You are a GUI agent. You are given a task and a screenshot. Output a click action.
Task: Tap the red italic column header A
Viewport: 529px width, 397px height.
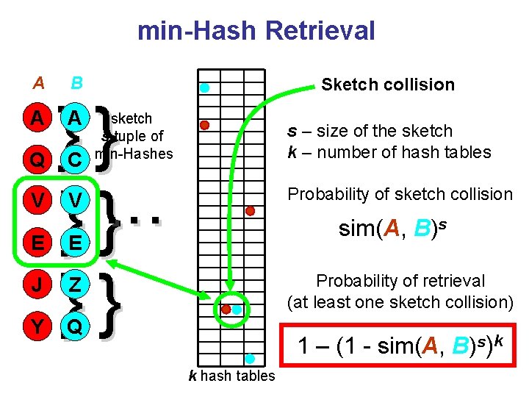point(38,83)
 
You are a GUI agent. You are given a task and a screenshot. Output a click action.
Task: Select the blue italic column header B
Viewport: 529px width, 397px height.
point(76,83)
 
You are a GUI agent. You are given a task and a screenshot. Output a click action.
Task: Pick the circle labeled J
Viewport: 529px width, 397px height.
point(35,284)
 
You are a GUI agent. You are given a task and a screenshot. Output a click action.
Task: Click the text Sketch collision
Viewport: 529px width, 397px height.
point(388,85)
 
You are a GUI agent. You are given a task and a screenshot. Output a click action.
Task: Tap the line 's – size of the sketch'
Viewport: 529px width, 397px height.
point(370,131)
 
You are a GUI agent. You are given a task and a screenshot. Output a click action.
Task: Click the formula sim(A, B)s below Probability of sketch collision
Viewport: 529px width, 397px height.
point(395,229)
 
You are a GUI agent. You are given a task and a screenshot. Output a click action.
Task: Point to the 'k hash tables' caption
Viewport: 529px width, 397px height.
point(231,376)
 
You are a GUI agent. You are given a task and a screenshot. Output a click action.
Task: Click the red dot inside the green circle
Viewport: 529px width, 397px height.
point(226,309)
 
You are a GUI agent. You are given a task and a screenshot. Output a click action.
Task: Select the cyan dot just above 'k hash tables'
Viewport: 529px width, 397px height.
point(250,359)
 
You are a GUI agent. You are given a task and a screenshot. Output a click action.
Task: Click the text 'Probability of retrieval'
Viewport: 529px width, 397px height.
point(400,281)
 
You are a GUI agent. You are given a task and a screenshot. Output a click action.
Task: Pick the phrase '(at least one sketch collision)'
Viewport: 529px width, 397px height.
point(400,302)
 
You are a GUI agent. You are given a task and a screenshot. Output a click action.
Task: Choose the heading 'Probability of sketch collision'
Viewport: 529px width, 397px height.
point(400,194)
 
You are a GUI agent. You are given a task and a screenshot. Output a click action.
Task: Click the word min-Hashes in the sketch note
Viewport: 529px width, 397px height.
point(136,154)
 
